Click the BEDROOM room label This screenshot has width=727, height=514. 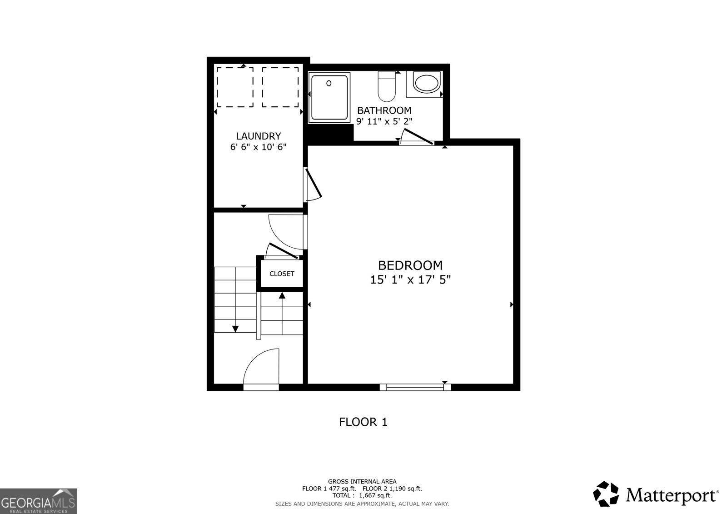click(x=410, y=265)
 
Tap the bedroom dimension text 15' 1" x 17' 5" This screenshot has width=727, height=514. click(x=410, y=279)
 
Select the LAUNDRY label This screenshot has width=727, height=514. click(x=258, y=136)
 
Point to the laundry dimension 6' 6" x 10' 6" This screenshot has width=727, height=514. click(x=258, y=147)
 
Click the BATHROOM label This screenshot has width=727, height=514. click(x=384, y=110)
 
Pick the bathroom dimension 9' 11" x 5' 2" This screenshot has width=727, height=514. click(x=384, y=121)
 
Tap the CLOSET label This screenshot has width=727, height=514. click(x=282, y=274)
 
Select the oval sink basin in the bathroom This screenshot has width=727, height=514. click(x=426, y=84)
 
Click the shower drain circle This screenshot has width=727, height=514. click(x=329, y=84)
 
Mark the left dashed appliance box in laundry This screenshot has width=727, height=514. click(x=235, y=87)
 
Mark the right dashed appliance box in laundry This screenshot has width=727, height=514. click(x=280, y=87)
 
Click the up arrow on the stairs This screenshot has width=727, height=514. click(x=282, y=296)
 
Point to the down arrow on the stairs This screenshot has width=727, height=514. click(x=235, y=328)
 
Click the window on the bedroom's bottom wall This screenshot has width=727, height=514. click(x=415, y=387)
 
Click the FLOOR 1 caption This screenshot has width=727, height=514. click(x=363, y=422)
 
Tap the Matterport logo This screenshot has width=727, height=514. click(x=656, y=494)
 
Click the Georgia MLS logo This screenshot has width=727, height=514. click(x=38, y=501)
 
